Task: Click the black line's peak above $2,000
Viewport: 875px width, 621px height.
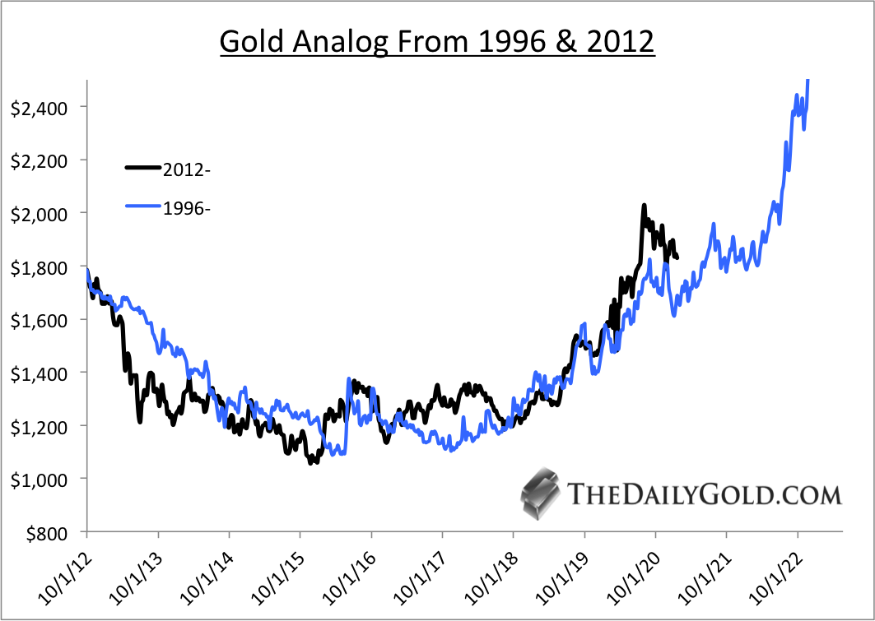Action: point(644,206)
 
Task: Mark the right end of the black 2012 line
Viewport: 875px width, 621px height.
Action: point(677,257)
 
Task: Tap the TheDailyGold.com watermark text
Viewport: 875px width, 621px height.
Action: point(705,494)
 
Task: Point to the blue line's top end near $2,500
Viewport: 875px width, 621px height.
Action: point(809,81)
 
